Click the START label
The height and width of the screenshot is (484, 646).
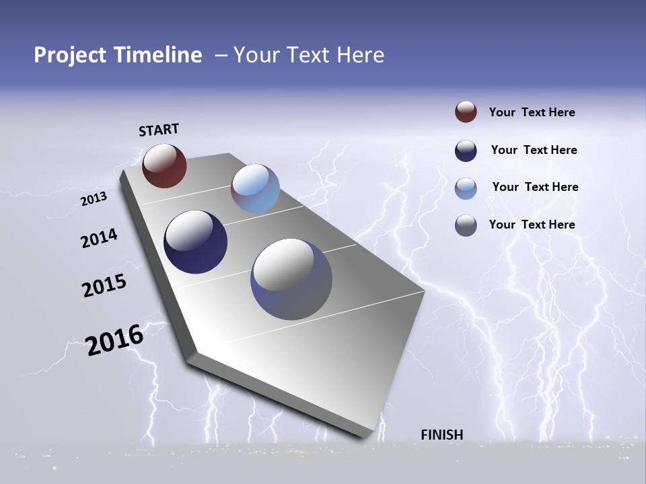(159, 130)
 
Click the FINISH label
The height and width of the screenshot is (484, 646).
(441, 435)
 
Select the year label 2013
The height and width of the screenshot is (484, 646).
(94, 199)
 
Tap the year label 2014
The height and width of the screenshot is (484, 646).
(99, 239)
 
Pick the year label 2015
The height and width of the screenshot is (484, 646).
(104, 286)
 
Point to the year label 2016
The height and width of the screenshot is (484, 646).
(114, 340)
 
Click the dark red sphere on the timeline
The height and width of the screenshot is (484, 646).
(164, 165)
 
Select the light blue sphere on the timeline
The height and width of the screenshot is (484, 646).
(255, 188)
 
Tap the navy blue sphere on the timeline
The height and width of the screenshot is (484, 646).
(195, 242)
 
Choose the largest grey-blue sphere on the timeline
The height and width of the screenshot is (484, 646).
(291, 279)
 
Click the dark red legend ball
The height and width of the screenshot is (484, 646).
(466, 112)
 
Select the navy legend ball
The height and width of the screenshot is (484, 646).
(466, 151)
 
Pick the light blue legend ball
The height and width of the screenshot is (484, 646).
(466, 188)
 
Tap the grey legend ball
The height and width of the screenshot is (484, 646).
(466, 225)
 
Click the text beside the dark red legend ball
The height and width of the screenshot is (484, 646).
(532, 112)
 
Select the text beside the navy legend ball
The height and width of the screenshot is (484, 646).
(534, 150)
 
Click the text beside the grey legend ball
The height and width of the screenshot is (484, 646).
(532, 225)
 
